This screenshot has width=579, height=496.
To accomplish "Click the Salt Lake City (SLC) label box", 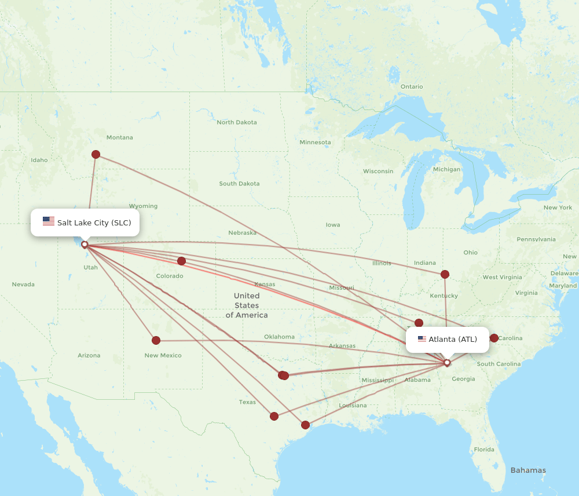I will [x=85, y=223].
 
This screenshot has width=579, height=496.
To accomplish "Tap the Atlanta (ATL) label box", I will [x=447, y=340].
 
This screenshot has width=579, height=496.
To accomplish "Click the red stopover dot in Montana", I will [x=96, y=154].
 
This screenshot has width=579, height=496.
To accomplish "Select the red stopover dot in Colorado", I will [x=181, y=261].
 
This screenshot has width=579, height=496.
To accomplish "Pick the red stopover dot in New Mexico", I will [x=156, y=340].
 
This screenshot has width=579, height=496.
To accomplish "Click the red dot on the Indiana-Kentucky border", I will [x=445, y=274].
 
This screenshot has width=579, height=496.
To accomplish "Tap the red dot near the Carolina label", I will [x=494, y=338].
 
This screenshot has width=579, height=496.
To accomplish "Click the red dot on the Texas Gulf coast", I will [x=306, y=425].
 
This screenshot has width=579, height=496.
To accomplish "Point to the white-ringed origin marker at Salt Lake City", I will [x=85, y=245].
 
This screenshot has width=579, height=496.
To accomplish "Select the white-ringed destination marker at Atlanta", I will [x=447, y=363].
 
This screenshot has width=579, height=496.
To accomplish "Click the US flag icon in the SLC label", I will [x=49, y=221].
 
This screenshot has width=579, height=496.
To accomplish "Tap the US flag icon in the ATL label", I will [x=422, y=339].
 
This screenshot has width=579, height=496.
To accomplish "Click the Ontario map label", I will [x=412, y=86].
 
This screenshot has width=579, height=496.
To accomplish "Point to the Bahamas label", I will [x=527, y=470].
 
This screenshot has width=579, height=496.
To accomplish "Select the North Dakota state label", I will [x=236, y=122].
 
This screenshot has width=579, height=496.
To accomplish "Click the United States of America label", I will [x=247, y=305].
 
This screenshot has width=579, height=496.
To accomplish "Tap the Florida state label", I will [x=484, y=449].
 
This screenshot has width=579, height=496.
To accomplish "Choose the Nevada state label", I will [x=23, y=285].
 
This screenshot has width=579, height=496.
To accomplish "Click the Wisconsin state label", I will [x=378, y=171].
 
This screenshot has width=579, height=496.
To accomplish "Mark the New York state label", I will [x=558, y=207].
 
